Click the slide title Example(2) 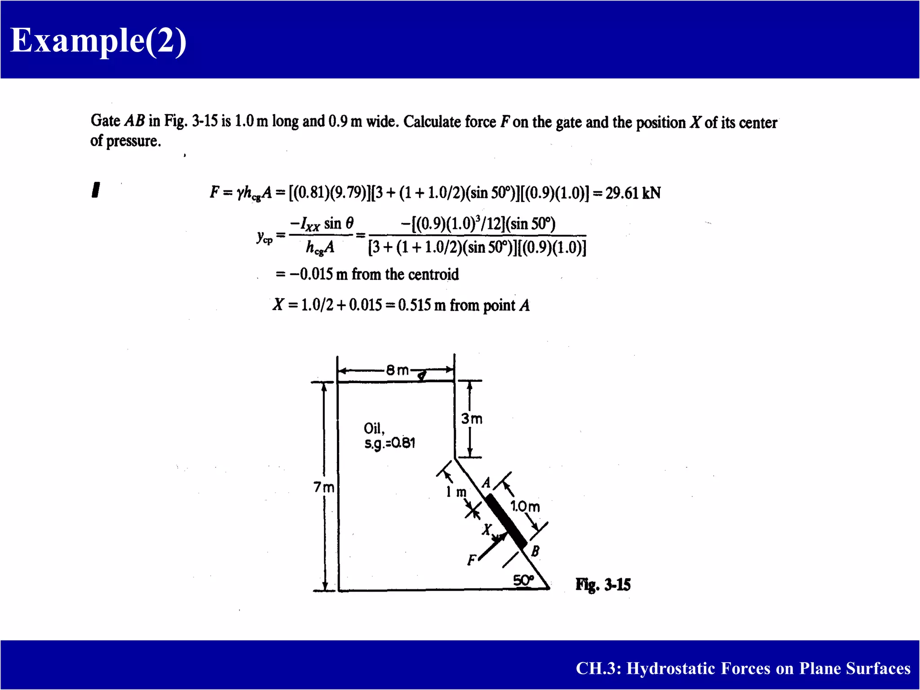click(98, 40)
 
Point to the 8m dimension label click(397, 370)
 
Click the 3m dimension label click(472, 419)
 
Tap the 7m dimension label click(323, 487)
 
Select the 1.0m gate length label click(525, 507)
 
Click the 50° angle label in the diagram click(523, 580)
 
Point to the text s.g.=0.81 click(389, 443)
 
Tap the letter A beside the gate click(486, 483)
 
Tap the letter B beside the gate click(535, 551)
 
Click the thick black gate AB click(506, 521)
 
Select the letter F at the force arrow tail click(471, 560)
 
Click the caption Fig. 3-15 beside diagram click(603, 585)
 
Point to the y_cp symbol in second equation click(265, 236)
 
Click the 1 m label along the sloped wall click(456, 492)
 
